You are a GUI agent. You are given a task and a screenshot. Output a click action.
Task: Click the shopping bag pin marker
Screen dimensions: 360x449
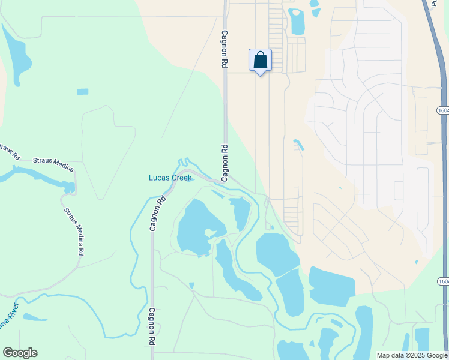coord(260,61)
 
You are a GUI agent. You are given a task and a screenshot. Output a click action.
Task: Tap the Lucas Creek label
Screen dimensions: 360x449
coord(170,178)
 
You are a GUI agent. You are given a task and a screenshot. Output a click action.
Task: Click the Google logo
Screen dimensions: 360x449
coord(20,353)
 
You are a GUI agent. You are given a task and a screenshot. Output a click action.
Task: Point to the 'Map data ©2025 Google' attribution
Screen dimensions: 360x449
coord(412,355)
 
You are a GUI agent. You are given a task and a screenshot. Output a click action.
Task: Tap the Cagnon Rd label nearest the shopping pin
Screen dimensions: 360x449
coord(225,52)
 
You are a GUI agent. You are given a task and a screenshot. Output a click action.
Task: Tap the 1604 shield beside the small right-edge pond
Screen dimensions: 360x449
coord(443,281)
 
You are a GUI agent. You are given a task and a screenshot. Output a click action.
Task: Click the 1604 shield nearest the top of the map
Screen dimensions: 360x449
coord(443,110)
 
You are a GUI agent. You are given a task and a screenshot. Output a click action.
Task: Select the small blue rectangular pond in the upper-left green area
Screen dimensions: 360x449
coord(83,92)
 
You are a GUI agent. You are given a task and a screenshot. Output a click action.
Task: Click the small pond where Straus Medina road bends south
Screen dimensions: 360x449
coord(68,187)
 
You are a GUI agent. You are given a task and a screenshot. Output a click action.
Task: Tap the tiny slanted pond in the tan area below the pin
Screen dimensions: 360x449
coord(298,145)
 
